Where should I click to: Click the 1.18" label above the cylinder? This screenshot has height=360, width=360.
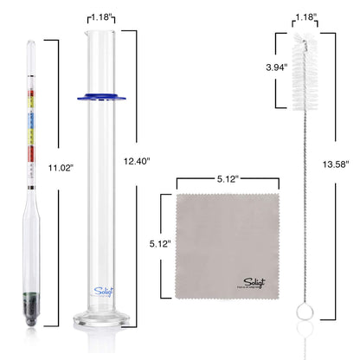pos(102,16)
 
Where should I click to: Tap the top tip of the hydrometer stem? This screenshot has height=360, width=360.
pos(32,42)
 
